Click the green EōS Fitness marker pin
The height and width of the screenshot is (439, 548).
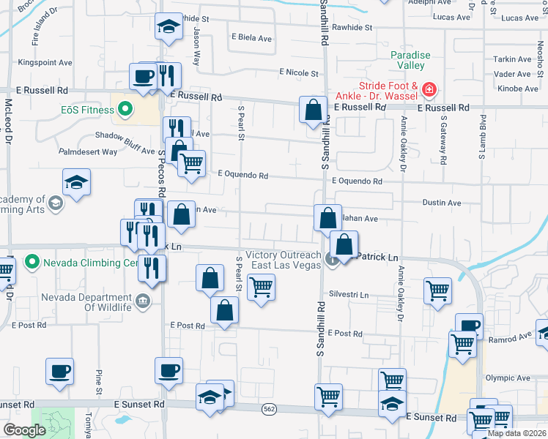point(125,110)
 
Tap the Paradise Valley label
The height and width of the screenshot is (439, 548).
point(410,60)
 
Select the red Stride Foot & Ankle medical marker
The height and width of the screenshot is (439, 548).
point(429,91)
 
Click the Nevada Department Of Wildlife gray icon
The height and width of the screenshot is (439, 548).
point(143,300)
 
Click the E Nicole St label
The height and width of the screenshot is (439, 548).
point(298,73)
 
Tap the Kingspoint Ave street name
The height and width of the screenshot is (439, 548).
point(47,63)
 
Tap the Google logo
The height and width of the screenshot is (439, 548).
point(24,429)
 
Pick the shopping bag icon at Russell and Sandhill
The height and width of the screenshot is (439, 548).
point(313,110)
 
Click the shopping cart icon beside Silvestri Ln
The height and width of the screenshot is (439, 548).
point(437,290)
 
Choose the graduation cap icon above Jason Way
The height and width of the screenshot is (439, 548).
point(169,28)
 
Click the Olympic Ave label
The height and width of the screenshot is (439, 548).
point(508,378)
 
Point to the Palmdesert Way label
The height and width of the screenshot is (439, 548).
point(89,152)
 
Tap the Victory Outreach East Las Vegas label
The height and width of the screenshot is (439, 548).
point(286,260)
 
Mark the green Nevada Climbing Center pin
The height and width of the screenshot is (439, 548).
point(32,262)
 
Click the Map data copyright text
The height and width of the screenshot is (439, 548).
point(517,433)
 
